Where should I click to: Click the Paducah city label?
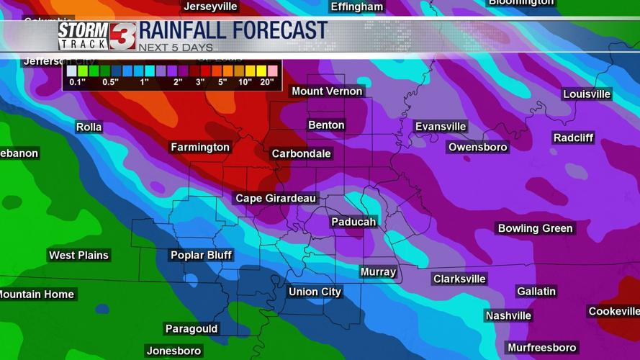pos(353,222)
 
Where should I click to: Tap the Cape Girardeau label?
pos(276,198)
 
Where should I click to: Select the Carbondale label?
pos(301,153)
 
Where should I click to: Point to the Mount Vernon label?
pos(327,91)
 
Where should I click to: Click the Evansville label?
pos(441,127)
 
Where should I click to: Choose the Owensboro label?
pos(478,147)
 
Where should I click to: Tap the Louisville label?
pos(587,94)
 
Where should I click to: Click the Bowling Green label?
pos(536,228)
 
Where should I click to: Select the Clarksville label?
pos(459,279)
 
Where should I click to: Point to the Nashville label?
pos(508,315)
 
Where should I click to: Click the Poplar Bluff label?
pos(201,255)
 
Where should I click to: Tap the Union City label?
pos(315,292)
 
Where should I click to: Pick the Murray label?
pos(378,271)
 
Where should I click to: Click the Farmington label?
pos(200,147)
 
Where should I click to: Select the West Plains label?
pos(78,255)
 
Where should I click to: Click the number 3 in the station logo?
pos(122,36)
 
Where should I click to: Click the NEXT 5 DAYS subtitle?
pos(176,48)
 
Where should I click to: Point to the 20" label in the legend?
pos(267,82)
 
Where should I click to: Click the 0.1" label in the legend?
pos(77,82)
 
